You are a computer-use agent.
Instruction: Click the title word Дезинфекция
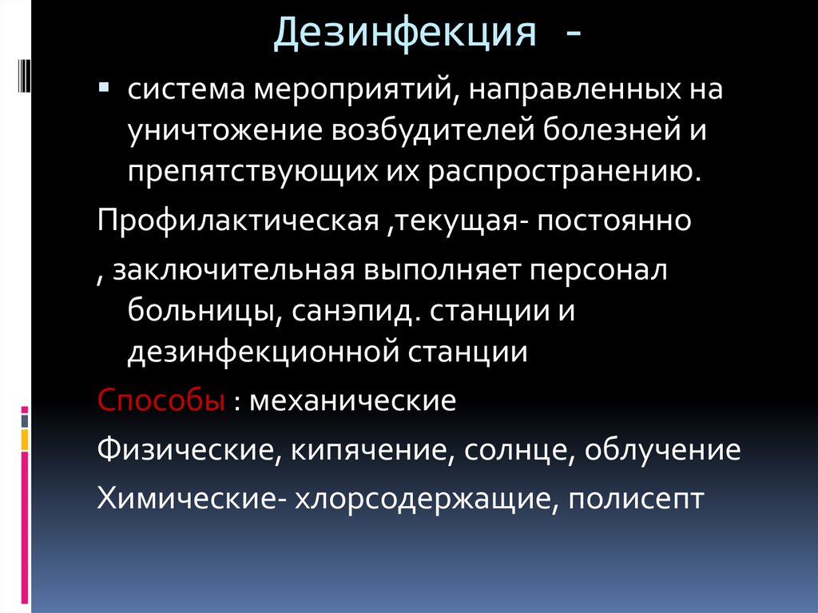404,34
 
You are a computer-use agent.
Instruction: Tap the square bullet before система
104,86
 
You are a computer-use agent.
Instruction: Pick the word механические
353,400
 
